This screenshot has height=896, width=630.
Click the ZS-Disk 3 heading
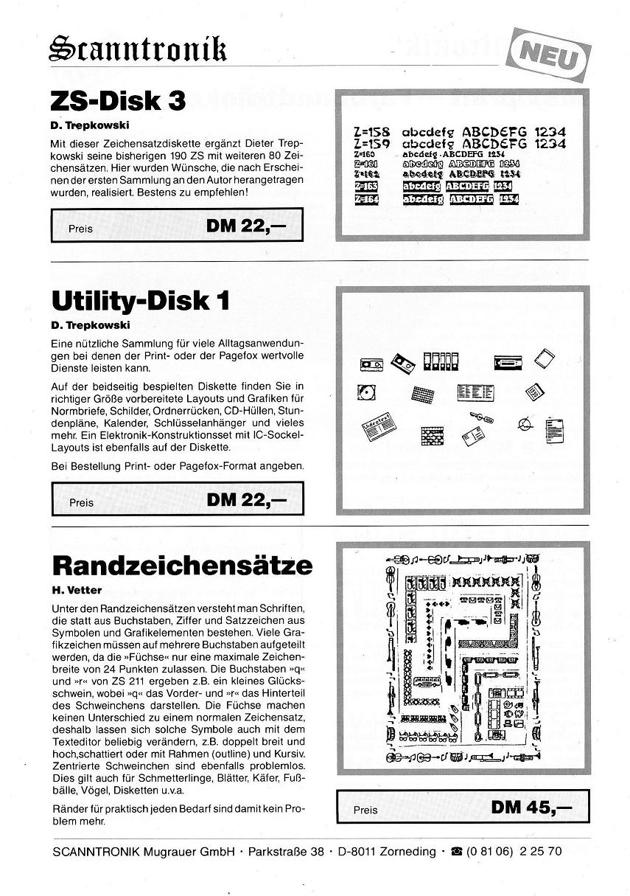click(118, 100)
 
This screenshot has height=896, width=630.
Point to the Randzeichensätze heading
click(182, 566)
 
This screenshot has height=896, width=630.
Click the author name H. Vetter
click(77, 590)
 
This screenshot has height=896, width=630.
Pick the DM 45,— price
click(531, 807)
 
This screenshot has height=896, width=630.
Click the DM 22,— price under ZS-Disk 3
click(246, 226)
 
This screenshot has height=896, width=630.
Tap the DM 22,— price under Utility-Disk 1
click(246, 500)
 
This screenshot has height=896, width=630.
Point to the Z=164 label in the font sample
click(367, 199)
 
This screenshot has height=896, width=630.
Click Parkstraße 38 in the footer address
click(286, 851)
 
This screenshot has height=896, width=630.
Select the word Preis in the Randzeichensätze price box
click(365, 810)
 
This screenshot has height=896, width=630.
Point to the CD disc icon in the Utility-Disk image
click(368, 392)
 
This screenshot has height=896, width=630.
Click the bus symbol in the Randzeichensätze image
click(424, 681)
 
